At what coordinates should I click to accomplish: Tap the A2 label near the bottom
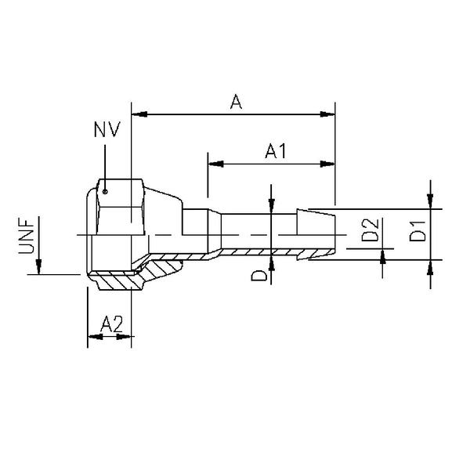click(111, 322)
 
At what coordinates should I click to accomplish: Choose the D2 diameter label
click(371, 233)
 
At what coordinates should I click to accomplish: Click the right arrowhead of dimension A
click(328, 115)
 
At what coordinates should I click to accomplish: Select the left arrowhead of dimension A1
click(214, 164)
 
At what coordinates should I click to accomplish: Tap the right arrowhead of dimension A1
click(328, 164)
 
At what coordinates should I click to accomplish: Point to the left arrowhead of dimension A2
click(92, 337)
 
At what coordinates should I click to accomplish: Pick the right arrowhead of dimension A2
click(125, 337)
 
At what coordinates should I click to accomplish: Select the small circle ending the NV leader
click(104, 188)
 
